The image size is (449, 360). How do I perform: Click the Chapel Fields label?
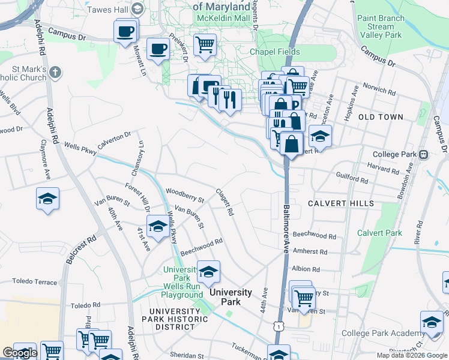[x=276, y=52]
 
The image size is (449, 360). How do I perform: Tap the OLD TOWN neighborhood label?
[x=381, y=117]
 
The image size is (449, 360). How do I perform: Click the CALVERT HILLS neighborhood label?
[x=340, y=203]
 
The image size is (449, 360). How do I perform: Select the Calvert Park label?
[x=379, y=233]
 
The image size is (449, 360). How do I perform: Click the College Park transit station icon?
[x=424, y=154]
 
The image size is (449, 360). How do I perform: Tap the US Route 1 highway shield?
[x=279, y=325]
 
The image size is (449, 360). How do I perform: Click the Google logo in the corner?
[x=20, y=353]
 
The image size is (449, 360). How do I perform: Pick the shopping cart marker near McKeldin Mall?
[x=205, y=44]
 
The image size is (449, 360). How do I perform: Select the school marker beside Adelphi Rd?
[x=47, y=199]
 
